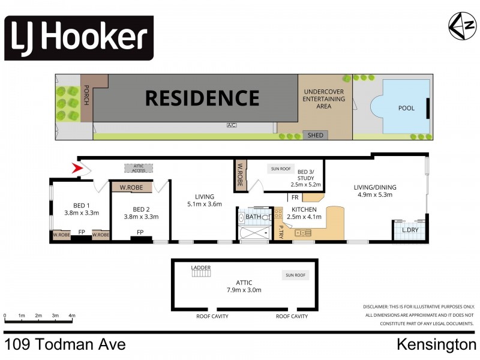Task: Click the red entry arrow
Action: tap(77, 170)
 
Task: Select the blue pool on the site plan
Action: tap(401, 108)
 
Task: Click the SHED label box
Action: tap(315, 135)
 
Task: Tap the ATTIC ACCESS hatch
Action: tap(139, 169)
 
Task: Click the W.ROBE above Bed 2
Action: tap(131, 187)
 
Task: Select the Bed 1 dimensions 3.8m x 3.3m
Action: tap(82, 212)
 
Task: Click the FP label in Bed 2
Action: tap(140, 232)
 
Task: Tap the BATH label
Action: tap(253, 217)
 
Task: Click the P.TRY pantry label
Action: tap(281, 231)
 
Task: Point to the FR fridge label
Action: tap(295, 197)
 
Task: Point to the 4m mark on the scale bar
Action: tap(71, 315)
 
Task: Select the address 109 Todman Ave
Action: tap(65, 345)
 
